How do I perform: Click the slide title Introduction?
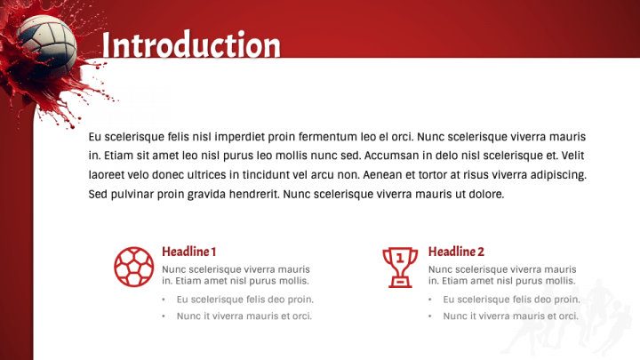(191, 44)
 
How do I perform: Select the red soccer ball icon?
(133, 266)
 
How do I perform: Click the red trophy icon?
(400, 266)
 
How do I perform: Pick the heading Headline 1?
(188, 252)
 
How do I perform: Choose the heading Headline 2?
(456, 252)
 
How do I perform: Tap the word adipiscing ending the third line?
(557, 175)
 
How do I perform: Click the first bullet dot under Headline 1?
(164, 300)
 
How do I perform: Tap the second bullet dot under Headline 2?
(430, 316)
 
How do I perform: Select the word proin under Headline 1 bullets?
(299, 300)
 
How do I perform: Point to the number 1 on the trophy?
(400, 258)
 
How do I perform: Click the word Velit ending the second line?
(574, 156)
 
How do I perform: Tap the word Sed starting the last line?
(99, 194)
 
